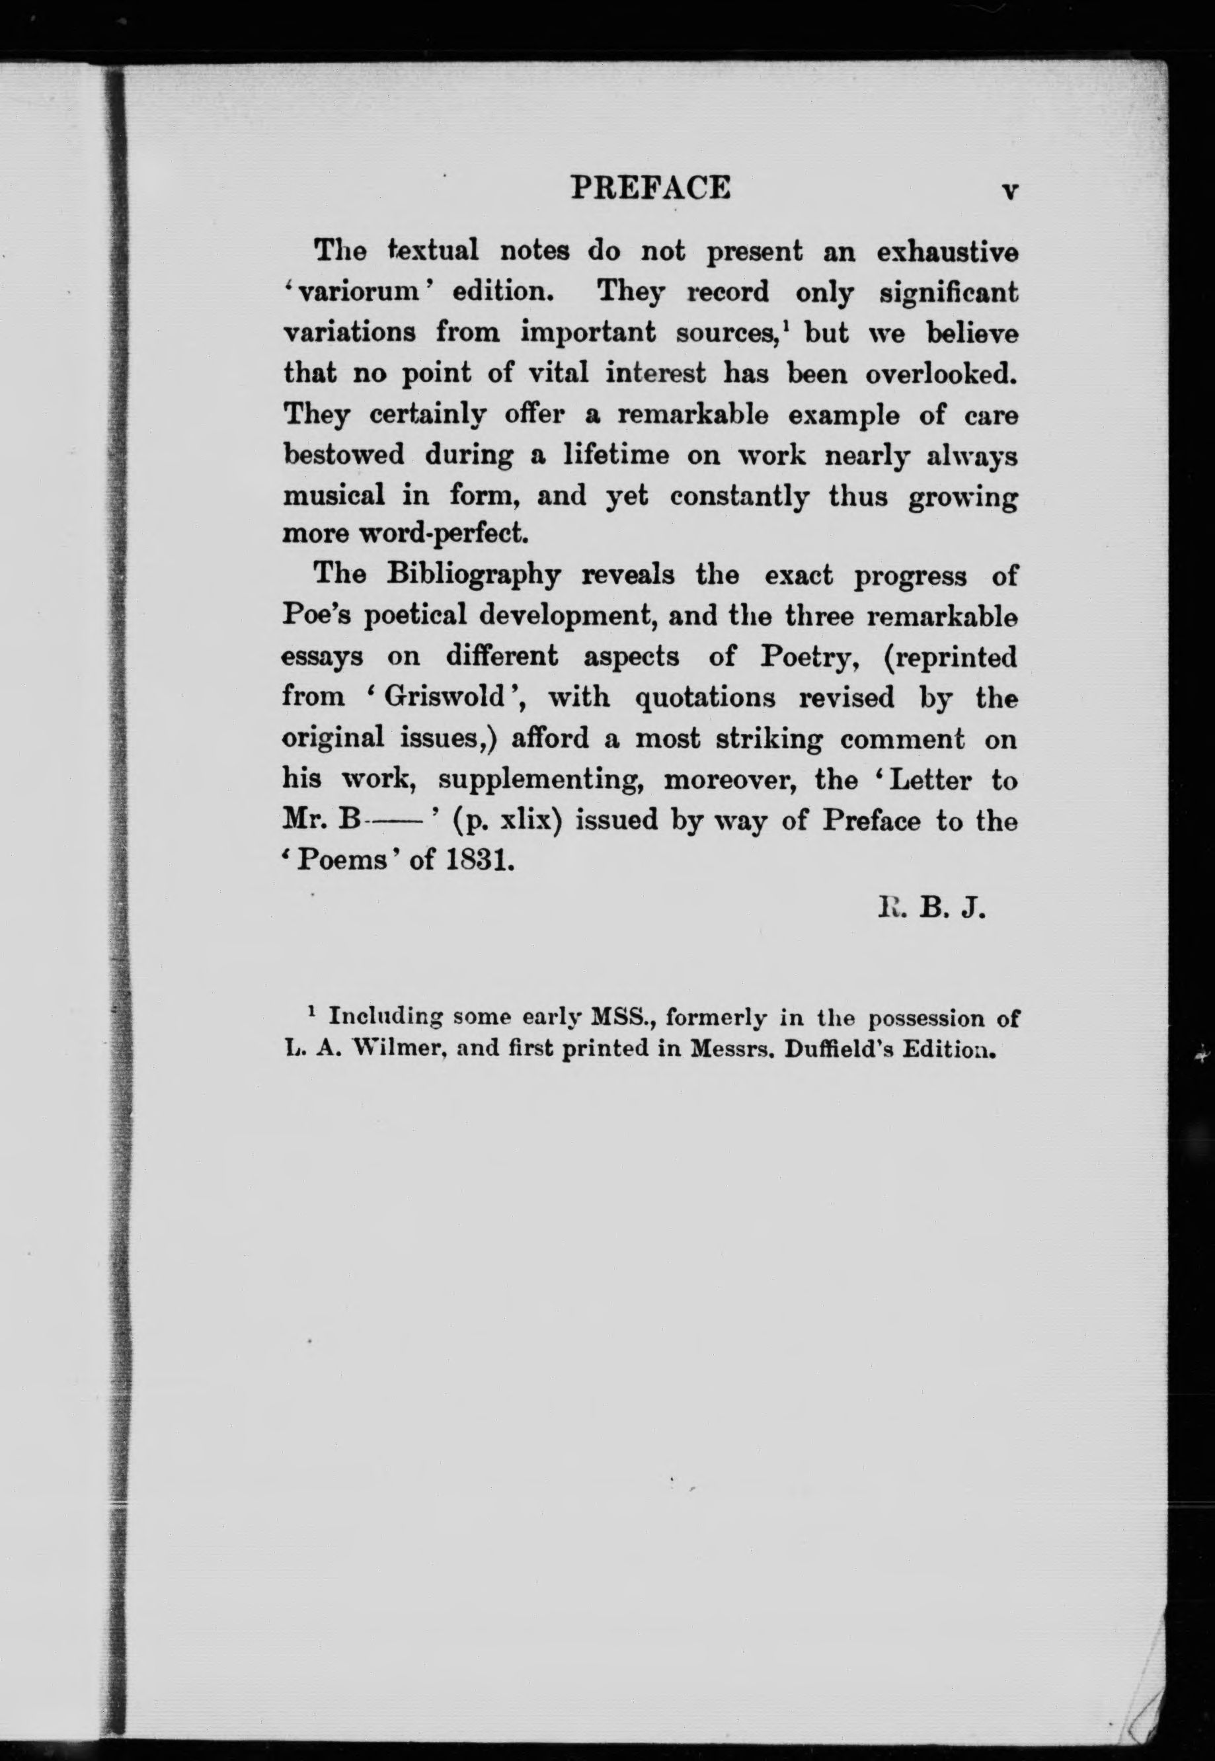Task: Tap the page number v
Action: pyautogui.click(x=1009, y=191)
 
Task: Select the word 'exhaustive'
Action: pyautogui.click(x=947, y=252)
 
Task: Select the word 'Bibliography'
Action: pyautogui.click(x=473, y=575)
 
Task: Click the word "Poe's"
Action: pyautogui.click(x=317, y=615)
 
